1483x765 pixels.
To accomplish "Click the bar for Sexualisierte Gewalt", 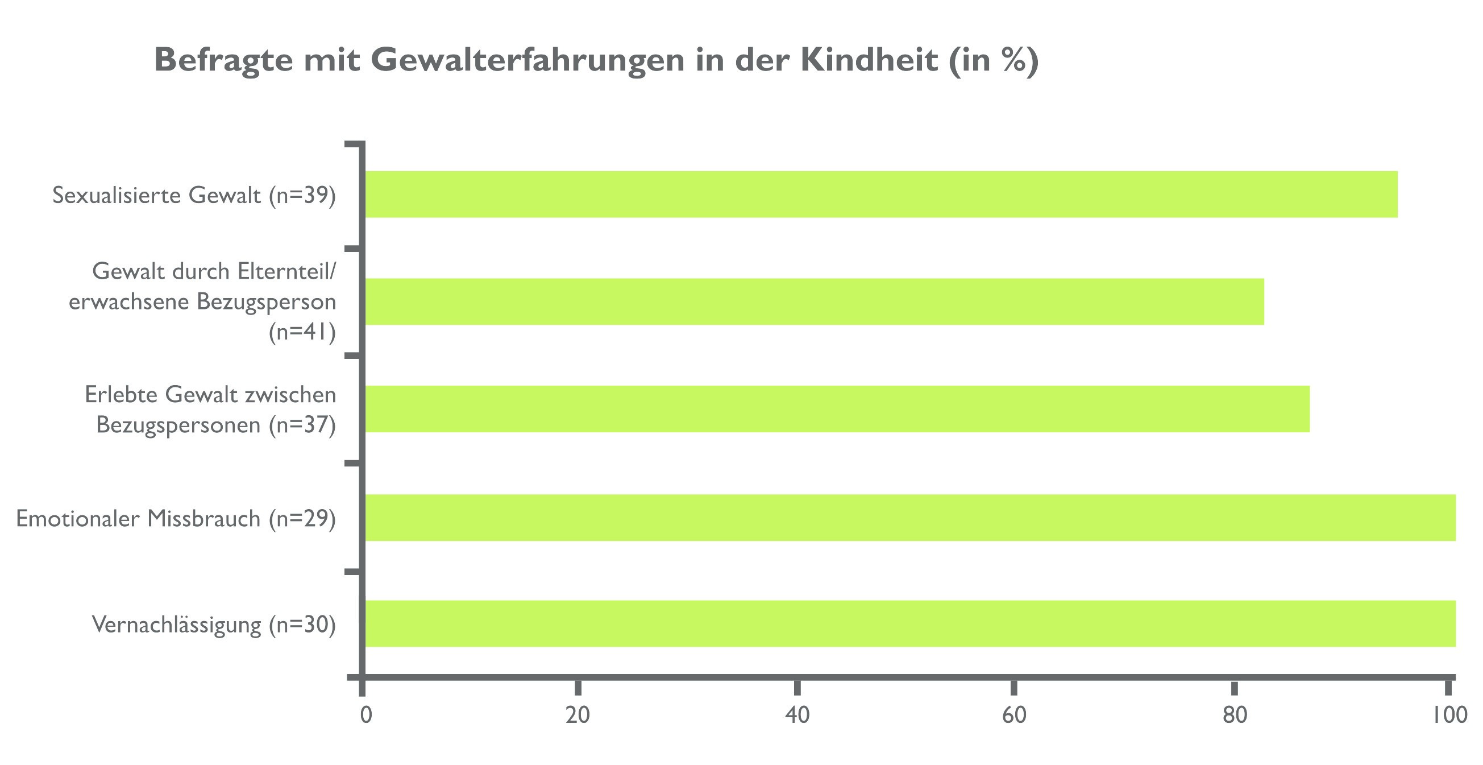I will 881,194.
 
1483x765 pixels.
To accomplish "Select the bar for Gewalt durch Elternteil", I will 815,301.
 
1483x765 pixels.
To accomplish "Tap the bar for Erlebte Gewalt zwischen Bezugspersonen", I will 838,409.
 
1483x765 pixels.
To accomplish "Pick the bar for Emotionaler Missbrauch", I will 910,517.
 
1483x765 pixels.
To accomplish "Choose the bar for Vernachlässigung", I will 910,623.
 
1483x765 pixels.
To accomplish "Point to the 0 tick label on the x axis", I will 365,716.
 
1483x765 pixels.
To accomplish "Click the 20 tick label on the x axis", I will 578,716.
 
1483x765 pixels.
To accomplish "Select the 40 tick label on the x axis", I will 797,716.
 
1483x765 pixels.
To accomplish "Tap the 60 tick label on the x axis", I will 1014,716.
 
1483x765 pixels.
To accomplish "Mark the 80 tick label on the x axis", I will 1235,716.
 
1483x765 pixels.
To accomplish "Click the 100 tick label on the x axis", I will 1449,716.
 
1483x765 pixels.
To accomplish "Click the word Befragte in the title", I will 223,60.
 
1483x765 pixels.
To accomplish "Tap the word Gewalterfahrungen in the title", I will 527,60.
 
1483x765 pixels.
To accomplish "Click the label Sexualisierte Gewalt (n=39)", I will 194,195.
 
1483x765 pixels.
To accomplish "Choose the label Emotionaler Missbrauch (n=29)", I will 176,519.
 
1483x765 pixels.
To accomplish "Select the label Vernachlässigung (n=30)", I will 214,625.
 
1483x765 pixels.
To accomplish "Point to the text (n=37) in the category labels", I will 302,424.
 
